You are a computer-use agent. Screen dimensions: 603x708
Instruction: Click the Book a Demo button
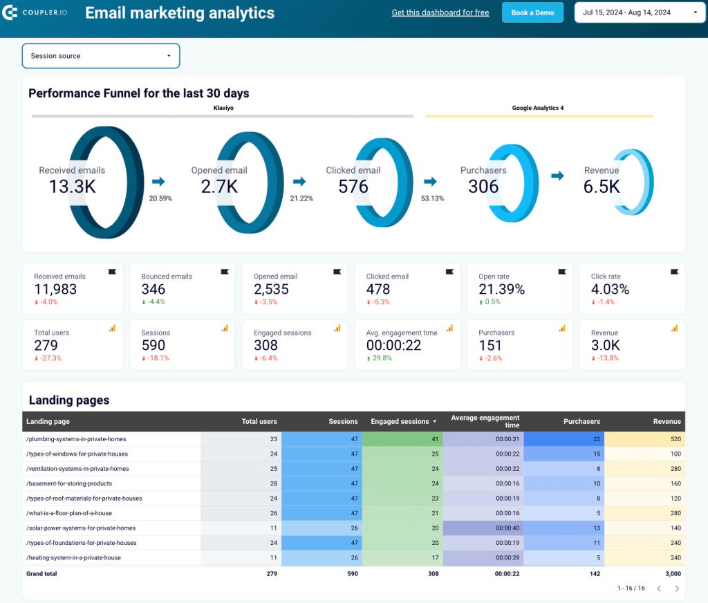point(532,12)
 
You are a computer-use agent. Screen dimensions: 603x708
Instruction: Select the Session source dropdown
point(101,56)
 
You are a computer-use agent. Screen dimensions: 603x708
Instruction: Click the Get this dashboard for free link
point(440,12)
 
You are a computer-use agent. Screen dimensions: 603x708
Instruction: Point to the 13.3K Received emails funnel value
point(72,186)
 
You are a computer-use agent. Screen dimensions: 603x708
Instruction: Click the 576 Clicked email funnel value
point(353,186)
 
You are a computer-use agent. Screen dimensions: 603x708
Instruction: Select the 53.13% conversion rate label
point(432,198)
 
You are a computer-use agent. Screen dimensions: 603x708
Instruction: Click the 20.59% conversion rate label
point(160,198)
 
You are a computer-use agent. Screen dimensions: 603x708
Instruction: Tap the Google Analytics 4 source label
point(538,108)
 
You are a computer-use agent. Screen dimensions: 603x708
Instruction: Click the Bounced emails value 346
point(153,289)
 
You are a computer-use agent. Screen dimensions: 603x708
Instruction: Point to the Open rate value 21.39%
point(502,289)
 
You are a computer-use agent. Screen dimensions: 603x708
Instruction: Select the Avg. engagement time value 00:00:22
point(394,345)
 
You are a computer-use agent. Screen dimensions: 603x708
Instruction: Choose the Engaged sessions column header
point(400,421)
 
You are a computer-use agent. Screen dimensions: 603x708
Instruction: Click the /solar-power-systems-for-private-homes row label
point(81,528)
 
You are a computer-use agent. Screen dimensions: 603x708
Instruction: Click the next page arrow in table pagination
point(677,588)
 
